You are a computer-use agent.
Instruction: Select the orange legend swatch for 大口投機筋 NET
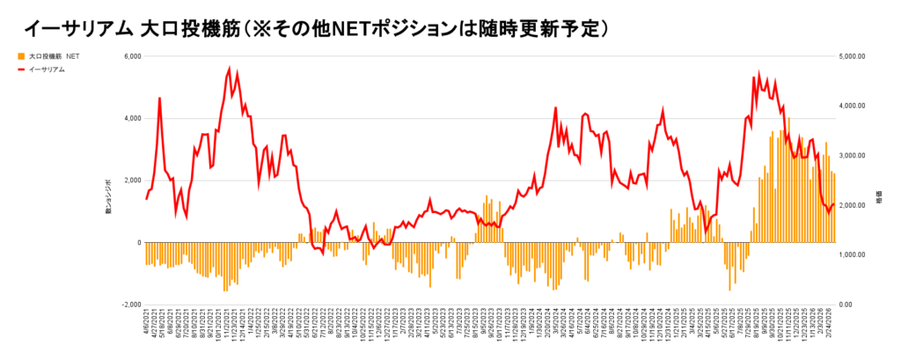click(19, 55)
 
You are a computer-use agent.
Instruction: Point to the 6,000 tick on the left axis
click(130, 56)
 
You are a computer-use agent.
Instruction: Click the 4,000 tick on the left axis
click(130, 119)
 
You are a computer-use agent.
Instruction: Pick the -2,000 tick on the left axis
click(129, 305)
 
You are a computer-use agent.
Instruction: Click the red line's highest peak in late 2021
click(230, 68)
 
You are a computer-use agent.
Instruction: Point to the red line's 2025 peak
click(760, 74)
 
